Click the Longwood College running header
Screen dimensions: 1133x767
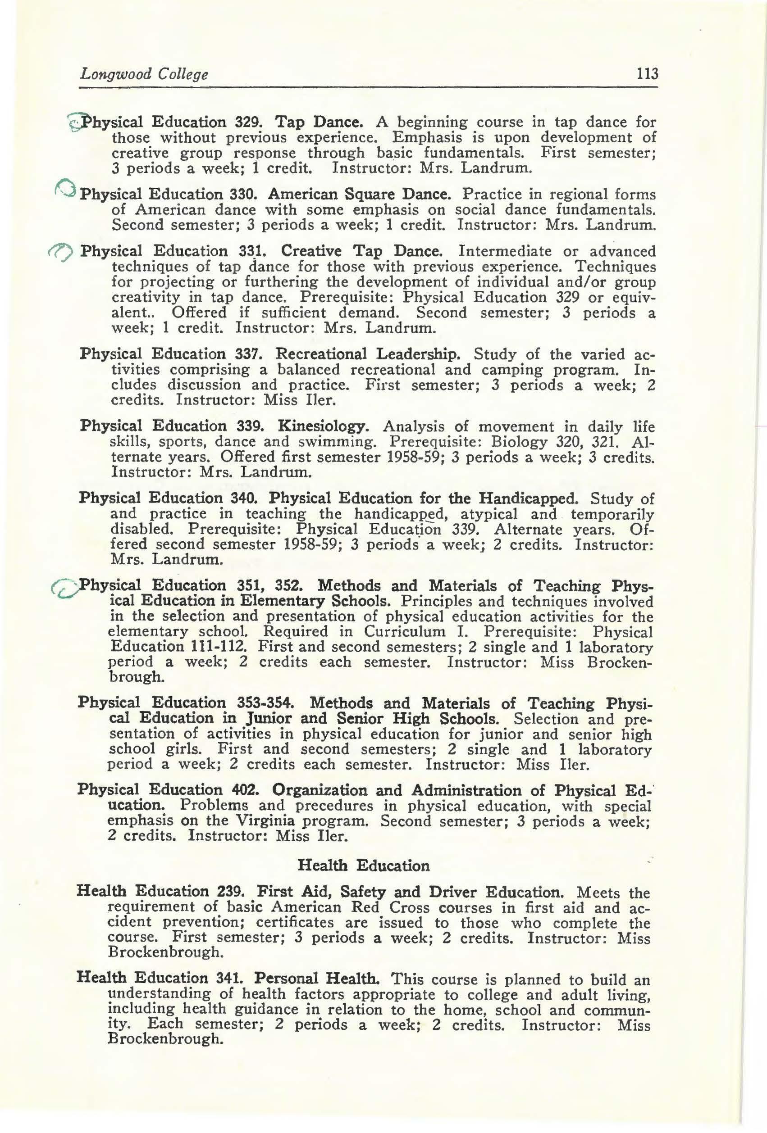click(x=144, y=74)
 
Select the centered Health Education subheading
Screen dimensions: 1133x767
click(x=364, y=866)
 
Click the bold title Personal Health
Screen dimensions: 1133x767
click(x=319, y=978)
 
